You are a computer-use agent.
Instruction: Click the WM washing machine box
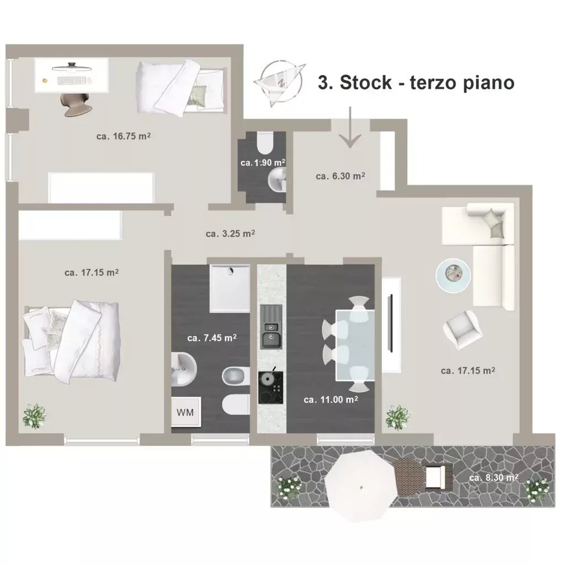tap(185, 412)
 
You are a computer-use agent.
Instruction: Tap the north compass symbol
tap(280, 83)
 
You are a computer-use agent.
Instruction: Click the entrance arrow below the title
tap(350, 127)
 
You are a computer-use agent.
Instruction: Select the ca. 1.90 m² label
tap(263, 163)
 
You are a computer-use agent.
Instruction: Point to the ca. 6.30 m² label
tap(340, 176)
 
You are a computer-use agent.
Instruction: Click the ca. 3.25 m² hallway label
tap(230, 233)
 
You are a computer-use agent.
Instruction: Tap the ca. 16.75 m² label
tap(123, 136)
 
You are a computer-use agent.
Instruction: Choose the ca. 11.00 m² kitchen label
tap(331, 399)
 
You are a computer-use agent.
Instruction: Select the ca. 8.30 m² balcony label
tap(494, 477)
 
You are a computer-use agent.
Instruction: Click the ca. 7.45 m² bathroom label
tap(212, 338)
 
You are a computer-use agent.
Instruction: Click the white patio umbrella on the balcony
tap(361, 486)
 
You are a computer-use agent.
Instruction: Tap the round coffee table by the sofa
tap(453, 275)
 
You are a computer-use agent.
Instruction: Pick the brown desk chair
tap(74, 104)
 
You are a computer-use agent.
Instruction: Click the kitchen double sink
tap(271, 327)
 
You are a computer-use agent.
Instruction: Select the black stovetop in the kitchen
tap(270, 388)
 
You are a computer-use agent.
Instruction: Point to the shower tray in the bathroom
tap(230, 289)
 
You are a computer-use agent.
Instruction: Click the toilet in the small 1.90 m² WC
tap(265, 143)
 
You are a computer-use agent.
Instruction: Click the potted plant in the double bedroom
tap(35, 416)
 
